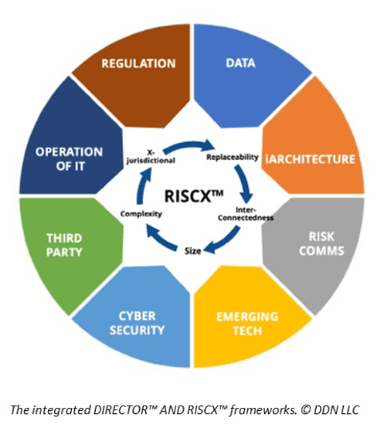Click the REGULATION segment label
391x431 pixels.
pyautogui.click(x=138, y=63)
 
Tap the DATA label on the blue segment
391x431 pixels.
pyautogui.click(x=240, y=63)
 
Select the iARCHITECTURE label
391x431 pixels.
pyautogui.click(x=309, y=159)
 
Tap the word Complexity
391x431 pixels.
pyautogui.click(x=140, y=213)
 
